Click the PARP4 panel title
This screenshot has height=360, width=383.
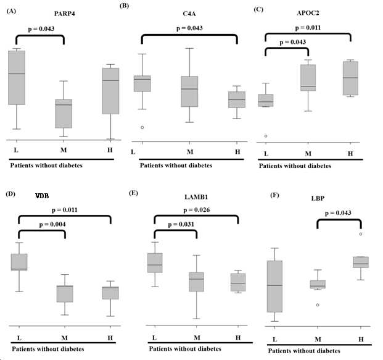65,14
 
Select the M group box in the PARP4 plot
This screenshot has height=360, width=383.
64,114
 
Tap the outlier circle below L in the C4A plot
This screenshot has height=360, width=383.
142,127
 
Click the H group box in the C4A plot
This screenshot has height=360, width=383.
237,100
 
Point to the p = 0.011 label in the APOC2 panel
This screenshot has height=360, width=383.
308,28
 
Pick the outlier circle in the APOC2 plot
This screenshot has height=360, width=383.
266,136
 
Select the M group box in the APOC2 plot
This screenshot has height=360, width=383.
308,78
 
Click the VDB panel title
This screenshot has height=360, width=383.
42,196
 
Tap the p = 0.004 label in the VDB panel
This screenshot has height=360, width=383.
52,224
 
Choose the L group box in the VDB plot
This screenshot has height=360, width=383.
19,262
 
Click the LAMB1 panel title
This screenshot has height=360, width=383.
196,197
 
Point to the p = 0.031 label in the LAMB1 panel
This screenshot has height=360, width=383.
181,224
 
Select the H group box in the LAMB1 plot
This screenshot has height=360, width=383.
238,282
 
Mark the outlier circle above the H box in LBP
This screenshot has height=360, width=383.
361,234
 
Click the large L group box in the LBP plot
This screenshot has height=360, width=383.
274,287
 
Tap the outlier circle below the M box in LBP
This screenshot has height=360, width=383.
318,305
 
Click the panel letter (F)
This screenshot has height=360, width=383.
274,195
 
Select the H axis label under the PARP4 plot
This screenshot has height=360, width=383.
110,149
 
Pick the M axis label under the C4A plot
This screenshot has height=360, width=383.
190,152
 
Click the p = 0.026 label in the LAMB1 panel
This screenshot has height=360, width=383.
196,210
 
